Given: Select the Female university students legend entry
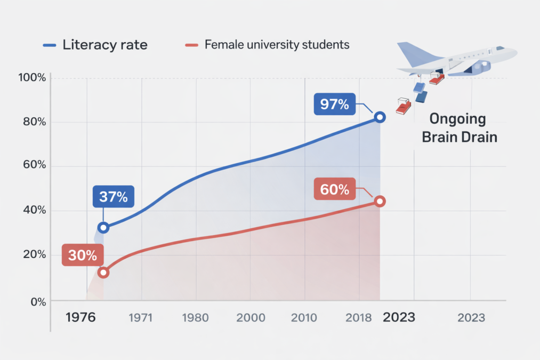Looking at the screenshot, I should (x=267, y=45).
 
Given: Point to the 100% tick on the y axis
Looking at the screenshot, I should (x=32, y=78).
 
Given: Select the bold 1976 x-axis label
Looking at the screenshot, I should (x=80, y=317).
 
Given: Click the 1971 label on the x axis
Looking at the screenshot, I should (x=141, y=318).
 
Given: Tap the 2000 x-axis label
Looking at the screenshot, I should (x=251, y=318).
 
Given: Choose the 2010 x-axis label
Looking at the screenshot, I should (x=305, y=318).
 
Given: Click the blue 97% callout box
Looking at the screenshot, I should (x=334, y=103).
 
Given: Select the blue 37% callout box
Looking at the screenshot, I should (x=114, y=197).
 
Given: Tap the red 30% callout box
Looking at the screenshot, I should (x=83, y=255).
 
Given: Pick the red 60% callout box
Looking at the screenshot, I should (x=334, y=189).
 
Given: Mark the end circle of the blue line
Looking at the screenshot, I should (x=380, y=117).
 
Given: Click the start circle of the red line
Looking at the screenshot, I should (x=103, y=273).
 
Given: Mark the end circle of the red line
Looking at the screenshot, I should (x=380, y=201).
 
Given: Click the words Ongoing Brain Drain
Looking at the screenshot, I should (x=459, y=128).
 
